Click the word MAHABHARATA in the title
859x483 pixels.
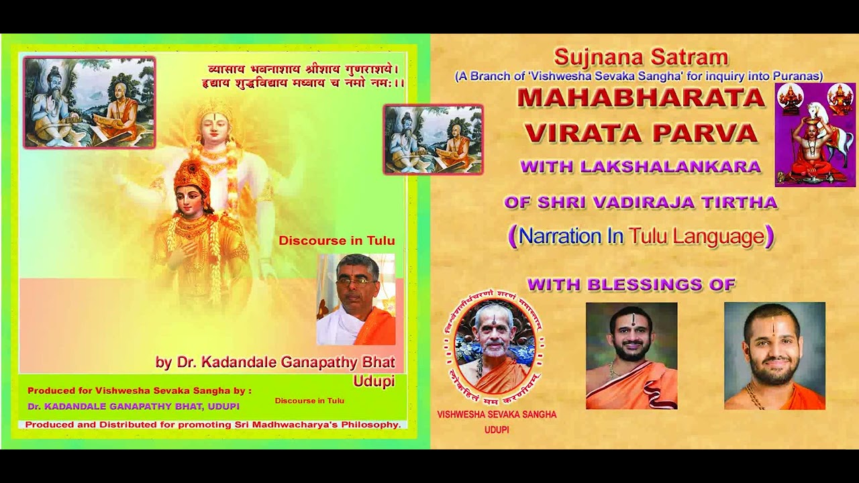[x=641, y=98]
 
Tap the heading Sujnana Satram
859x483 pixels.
[x=641, y=58]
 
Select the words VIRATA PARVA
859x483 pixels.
[x=641, y=133]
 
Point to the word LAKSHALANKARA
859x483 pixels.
[x=670, y=166]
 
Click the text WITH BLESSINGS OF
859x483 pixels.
[x=631, y=284]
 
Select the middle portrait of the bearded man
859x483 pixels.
[x=631, y=356]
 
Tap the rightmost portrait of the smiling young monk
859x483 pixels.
[x=774, y=356]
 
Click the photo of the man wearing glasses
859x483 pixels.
[x=356, y=299]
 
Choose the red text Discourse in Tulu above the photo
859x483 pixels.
[x=337, y=241]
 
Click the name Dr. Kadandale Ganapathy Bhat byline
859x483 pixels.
[x=275, y=362]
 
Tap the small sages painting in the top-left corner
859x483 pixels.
[x=89, y=102]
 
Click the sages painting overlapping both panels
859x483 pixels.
[x=433, y=140]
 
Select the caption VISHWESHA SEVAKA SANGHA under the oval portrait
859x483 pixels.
[x=497, y=415]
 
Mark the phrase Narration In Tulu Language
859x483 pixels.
[x=641, y=236]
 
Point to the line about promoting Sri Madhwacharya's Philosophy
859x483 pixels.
[x=213, y=425]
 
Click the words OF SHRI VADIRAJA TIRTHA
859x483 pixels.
[x=641, y=202]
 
